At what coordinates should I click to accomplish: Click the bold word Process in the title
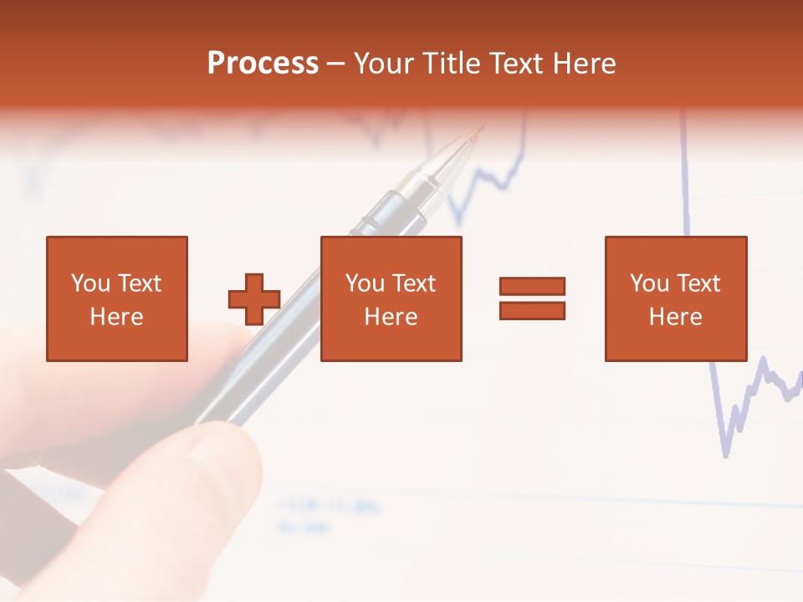tap(263, 64)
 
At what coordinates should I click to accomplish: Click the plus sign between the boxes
tap(254, 299)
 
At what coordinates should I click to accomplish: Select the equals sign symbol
tap(533, 298)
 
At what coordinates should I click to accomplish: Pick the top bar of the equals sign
tap(533, 287)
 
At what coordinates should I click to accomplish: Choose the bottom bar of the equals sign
tap(533, 310)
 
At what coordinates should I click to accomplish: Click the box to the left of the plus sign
tap(117, 298)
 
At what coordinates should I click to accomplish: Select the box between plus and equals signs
tap(391, 298)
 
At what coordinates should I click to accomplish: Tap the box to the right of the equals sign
tap(676, 298)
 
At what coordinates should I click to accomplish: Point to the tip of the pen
tap(481, 128)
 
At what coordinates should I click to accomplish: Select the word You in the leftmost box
tap(90, 283)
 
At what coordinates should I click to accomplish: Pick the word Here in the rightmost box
tap(676, 317)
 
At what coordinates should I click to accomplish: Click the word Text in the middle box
tap(414, 283)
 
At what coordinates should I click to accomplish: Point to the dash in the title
tap(335, 64)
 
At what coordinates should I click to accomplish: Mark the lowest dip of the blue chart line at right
tap(725, 456)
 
